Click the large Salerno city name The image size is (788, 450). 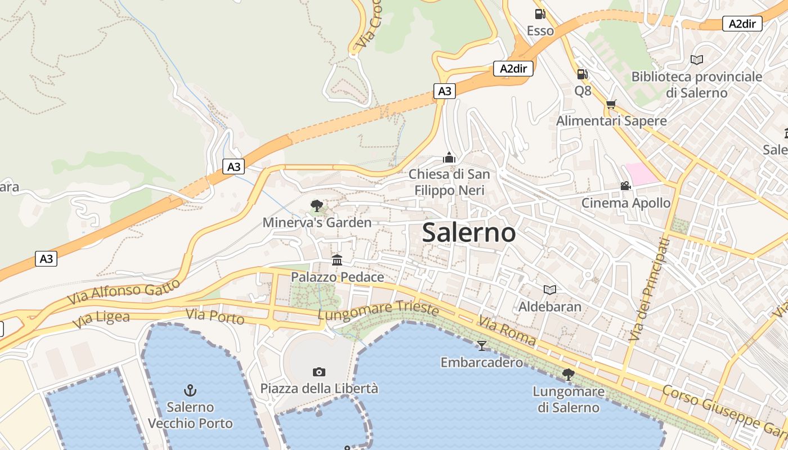pyautogui.click(x=468, y=232)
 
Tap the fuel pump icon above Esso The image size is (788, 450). pyautogui.click(x=540, y=14)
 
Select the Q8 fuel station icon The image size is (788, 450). pyautogui.click(x=582, y=74)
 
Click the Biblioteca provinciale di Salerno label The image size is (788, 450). pyautogui.click(x=696, y=84)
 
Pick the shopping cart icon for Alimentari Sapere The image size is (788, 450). pyautogui.click(x=611, y=104)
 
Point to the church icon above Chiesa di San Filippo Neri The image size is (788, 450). pyautogui.click(x=449, y=157)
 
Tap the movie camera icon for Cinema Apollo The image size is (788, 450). pyautogui.click(x=625, y=186)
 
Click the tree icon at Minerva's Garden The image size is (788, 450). pyautogui.click(x=317, y=206)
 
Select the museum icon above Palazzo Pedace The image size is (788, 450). pyautogui.click(x=337, y=260)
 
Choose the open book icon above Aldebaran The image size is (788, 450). pyautogui.click(x=550, y=290)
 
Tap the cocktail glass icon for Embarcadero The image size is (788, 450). pyautogui.click(x=481, y=345)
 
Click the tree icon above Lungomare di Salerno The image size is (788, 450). pyautogui.click(x=568, y=374)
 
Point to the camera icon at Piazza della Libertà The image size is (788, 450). pyautogui.click(x=319, y=372)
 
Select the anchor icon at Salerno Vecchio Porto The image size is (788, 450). pyautogui.click(x=190, y=390)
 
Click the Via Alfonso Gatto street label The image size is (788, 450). pyautogui.click(x=124, y=291)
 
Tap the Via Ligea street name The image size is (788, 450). pyautogui.click(x=101, y=319)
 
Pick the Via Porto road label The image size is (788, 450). pyautogui.click(x=215, y=317)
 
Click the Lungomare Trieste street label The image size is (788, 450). pyautogui.click(x=378, y=310)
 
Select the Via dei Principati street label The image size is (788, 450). pyautogui.click(x=650, y=289)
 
